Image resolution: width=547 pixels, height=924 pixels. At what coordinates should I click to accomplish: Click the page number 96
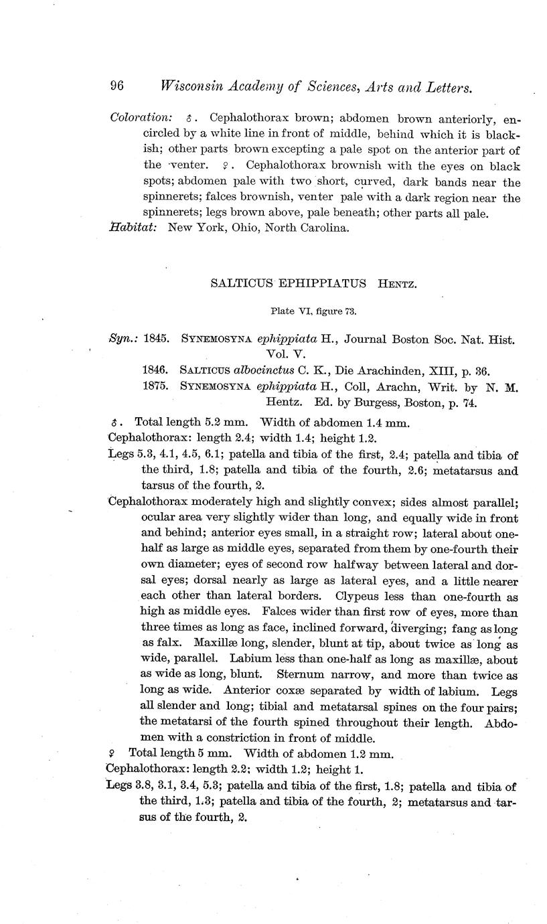(117, 86)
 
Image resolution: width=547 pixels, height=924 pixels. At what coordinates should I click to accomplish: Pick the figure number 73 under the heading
(351, 311)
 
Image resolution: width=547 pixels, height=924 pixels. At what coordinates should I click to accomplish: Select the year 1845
(157, 339)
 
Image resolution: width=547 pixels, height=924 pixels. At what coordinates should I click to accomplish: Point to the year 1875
(157, 388)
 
